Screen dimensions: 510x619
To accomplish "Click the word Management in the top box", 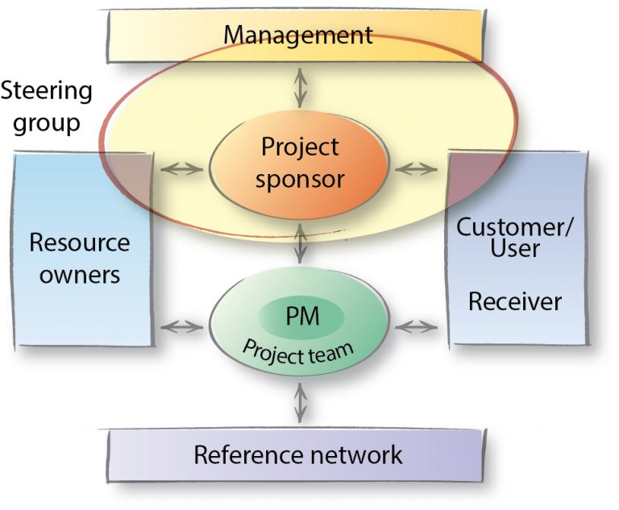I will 298,35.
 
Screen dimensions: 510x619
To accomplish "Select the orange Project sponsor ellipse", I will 300,164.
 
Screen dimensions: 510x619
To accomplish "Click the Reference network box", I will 298,455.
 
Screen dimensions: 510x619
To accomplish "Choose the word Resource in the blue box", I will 79,243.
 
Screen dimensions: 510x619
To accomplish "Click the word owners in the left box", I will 80,274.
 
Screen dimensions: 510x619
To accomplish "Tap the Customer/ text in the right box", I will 515,226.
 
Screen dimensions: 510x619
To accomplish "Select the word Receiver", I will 515,302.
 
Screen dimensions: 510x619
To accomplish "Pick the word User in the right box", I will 515,248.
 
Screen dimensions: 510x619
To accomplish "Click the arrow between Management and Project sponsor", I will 301,87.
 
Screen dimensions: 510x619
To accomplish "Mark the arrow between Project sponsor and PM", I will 301,244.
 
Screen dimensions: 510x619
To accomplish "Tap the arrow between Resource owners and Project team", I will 181,326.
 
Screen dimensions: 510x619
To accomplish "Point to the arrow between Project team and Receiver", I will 416,326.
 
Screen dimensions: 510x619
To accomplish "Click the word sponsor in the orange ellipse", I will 300,179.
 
